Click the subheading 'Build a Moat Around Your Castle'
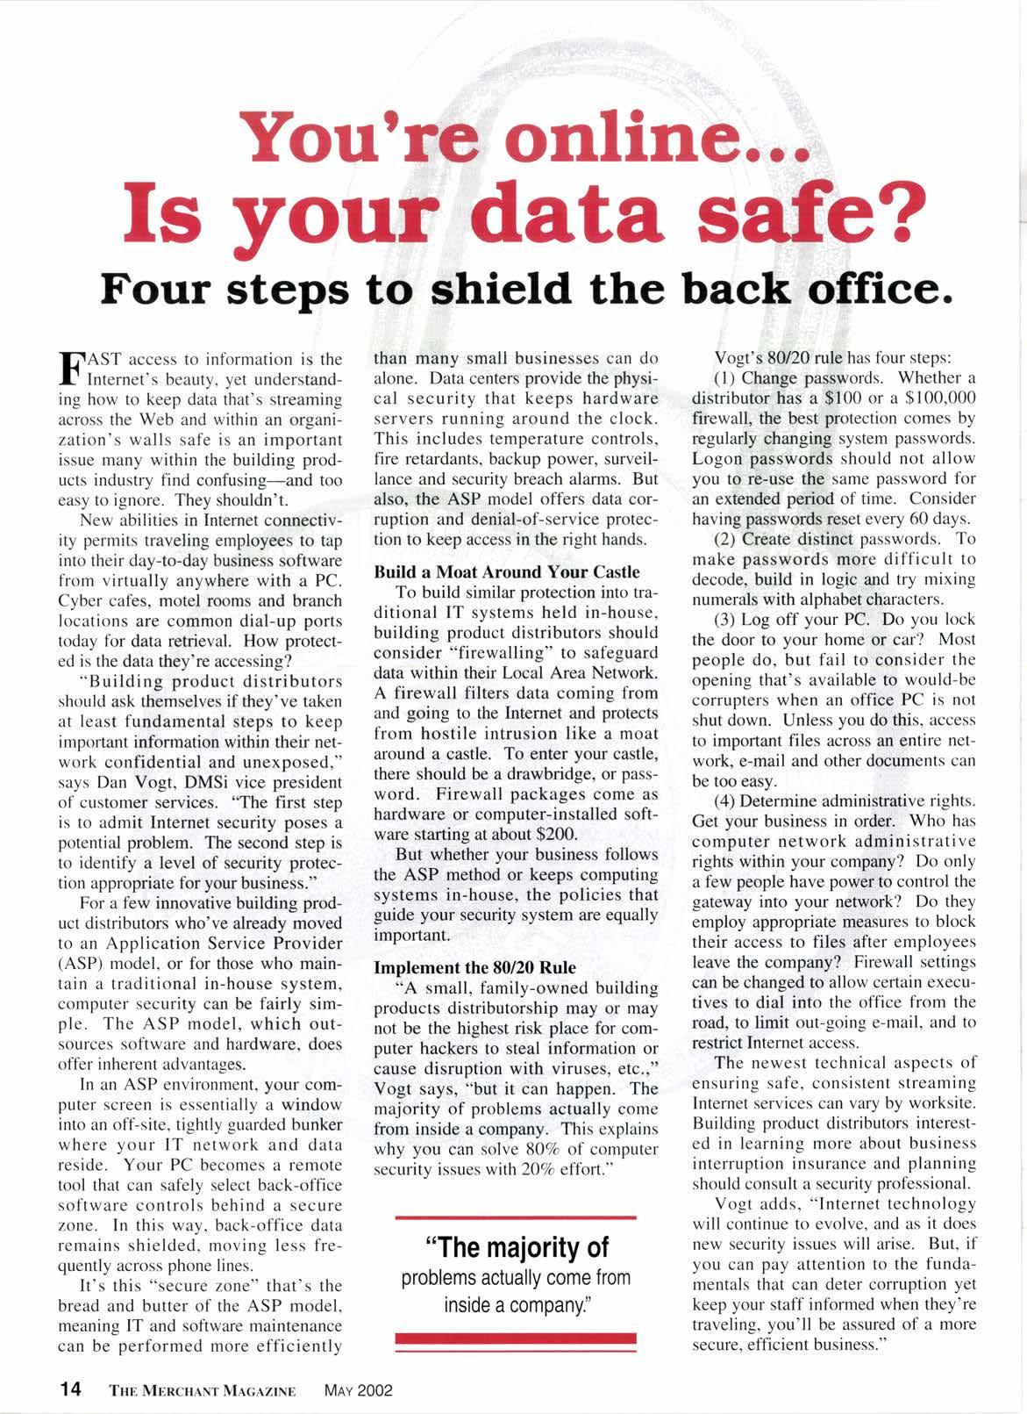(507, 572)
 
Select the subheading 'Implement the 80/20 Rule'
(475, 967)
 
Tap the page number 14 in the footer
(70, 1389)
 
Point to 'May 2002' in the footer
(358, 1390)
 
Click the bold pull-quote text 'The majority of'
(516, 1247)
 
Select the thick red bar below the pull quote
(516, 1339)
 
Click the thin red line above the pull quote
(516, 1217)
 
